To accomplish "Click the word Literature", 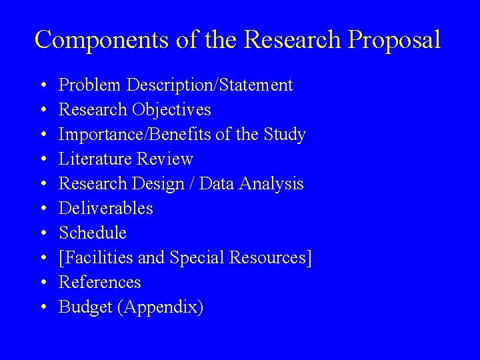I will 97,159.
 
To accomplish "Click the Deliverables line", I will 106,208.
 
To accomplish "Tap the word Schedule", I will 93,233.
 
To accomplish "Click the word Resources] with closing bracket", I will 274,257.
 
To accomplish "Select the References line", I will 100,282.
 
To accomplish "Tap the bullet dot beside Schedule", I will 42,233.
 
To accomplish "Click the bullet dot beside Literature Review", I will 42,159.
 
